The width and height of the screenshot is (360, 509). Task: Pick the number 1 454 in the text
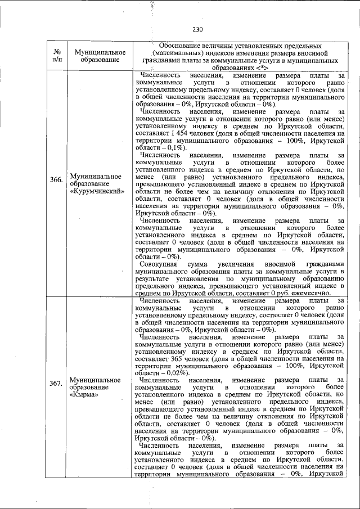[172, 134]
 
